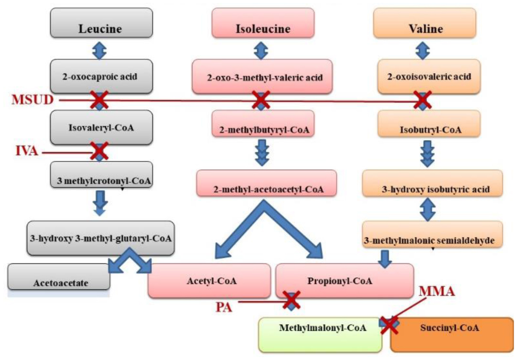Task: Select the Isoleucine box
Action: (263, 28)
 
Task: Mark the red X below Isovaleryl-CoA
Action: (99, 151)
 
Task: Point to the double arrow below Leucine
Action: (99, 50)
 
